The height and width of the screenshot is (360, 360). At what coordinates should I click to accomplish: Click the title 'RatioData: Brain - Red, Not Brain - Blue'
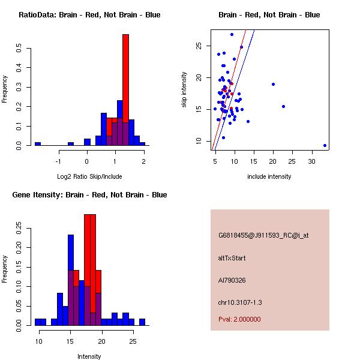click(x=89, y=15)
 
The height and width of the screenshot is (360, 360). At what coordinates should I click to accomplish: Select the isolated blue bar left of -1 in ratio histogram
click(x=38, y=143)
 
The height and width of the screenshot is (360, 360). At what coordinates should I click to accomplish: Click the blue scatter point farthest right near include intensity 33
click(x=325, y=145)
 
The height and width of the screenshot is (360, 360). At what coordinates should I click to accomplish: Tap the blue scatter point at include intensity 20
click(x=273, y=85)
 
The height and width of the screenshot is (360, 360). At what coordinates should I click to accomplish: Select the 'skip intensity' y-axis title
click(x=184, y=90)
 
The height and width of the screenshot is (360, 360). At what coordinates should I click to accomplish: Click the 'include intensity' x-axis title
click(x=269, y=176)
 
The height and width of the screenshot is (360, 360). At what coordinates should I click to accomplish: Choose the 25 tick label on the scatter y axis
click(x=199, y=46)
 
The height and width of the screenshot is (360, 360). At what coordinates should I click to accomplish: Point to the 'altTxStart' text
click(x=232, y=258)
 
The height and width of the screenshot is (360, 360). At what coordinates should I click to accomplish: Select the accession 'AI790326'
click(x=232, y=280)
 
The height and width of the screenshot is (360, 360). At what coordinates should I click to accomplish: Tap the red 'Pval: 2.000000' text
click(x=239, y=319)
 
